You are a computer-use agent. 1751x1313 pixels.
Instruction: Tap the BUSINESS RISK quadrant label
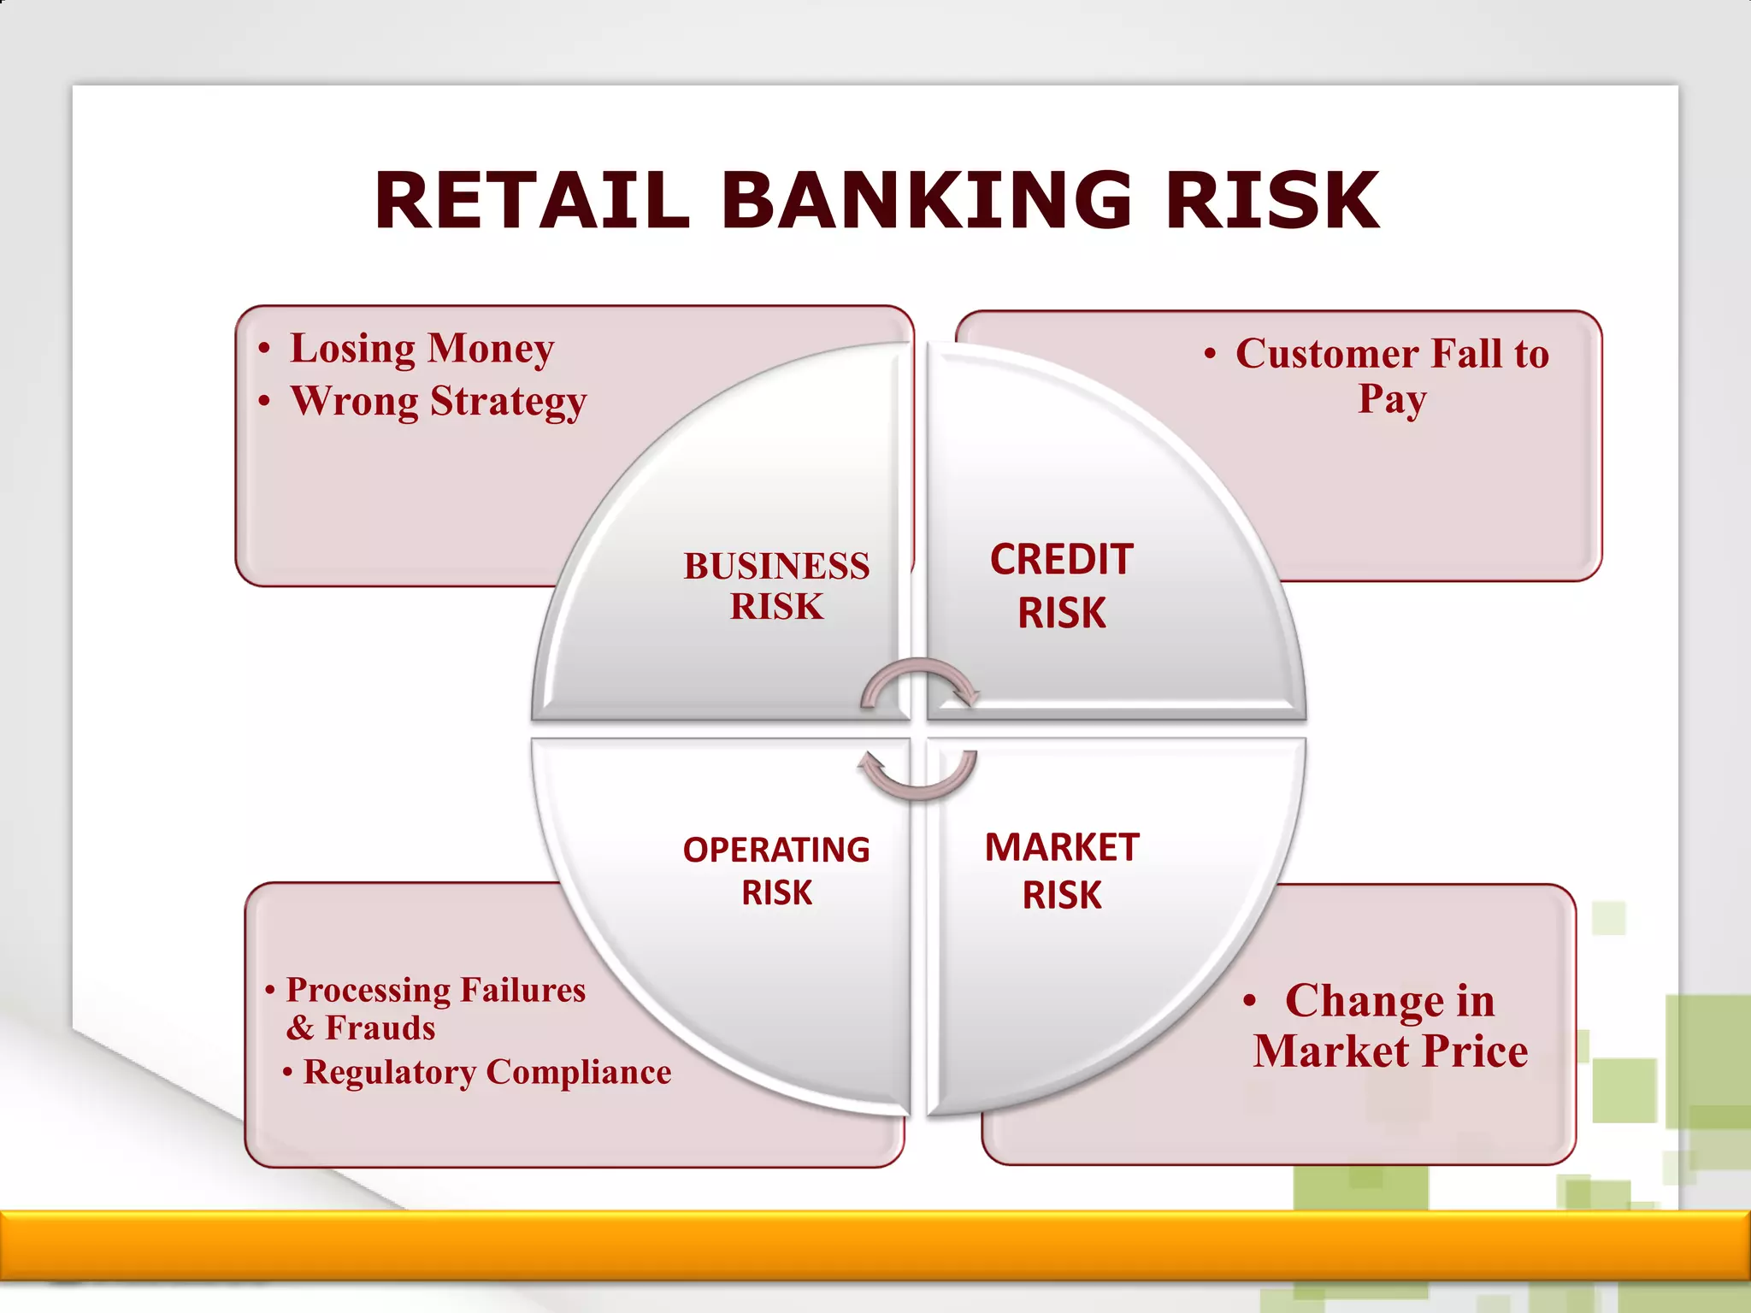tap(776, 586)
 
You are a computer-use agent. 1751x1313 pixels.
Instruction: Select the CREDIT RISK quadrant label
tap(1062, 586)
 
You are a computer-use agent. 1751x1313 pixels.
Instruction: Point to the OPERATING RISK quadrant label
tap(776, 870)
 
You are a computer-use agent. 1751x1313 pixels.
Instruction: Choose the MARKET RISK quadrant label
tap(1062, 870)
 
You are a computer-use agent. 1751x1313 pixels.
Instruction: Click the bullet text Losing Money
tap(422, 349)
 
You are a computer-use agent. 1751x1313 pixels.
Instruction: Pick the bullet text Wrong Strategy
tap(439, 401)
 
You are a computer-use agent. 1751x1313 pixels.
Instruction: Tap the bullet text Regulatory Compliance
tap(487, 1072)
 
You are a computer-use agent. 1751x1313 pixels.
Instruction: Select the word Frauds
tap(380, 1027)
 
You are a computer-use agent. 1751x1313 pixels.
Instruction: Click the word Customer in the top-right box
tap(1327, 354)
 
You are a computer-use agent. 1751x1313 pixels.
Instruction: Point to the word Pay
tap(1392, 399)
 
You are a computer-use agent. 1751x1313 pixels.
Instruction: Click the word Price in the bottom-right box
tap(1476, 1051)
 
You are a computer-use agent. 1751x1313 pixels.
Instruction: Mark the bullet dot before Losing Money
tap(265, 349)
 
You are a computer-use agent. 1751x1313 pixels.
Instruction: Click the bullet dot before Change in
tap(1250, 1000)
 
